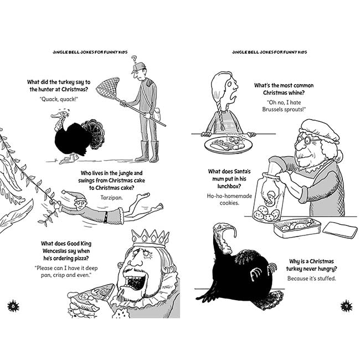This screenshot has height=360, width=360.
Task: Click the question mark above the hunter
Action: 135,59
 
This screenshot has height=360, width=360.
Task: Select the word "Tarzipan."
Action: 111,198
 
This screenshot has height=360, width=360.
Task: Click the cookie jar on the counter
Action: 268,197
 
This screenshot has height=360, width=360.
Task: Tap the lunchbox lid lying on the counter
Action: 340,230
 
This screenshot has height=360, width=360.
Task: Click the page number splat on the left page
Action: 13,306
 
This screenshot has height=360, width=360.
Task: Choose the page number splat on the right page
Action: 346,306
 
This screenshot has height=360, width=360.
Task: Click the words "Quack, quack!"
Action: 59,99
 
